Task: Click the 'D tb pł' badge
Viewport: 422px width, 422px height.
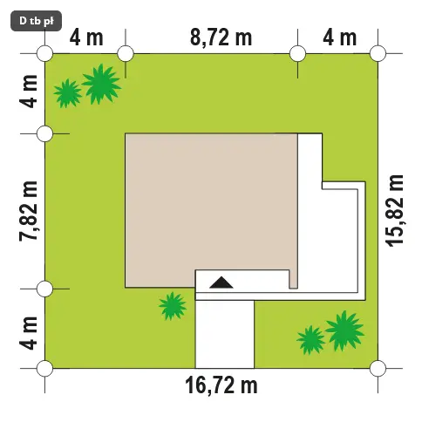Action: pos(37,21)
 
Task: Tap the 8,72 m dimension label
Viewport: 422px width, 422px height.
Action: pos(221,38)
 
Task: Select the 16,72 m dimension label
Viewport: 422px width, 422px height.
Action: pos(221,385)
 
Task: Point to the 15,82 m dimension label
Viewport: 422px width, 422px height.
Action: pos(395,211)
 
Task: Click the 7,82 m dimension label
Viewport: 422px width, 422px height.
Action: pos(29,211)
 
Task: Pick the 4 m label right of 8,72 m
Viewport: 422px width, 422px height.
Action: pos(340,38)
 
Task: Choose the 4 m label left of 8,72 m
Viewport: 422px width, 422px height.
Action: pos(86,38)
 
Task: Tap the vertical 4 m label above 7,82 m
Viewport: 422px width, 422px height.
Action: pos(29,92)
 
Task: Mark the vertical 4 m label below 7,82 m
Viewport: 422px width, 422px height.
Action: pos(29,333)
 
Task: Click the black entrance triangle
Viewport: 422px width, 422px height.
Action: pos(221,282)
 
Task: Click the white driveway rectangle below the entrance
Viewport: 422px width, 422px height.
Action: pos(224,334)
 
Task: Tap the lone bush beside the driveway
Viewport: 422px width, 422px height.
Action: pos(173,306)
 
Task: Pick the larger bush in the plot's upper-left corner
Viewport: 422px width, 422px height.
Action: pos(101,85)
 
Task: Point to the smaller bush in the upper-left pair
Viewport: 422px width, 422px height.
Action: pos(67,93)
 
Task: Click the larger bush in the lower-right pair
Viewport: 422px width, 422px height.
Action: pos(344,331)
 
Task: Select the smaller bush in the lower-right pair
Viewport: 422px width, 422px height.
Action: pos(310,340)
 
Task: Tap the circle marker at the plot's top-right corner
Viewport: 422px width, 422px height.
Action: pos(378,53)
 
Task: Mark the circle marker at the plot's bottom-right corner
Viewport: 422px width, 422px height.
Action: pos(378,368)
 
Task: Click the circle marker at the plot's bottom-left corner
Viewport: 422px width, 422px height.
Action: pos(45,368)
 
